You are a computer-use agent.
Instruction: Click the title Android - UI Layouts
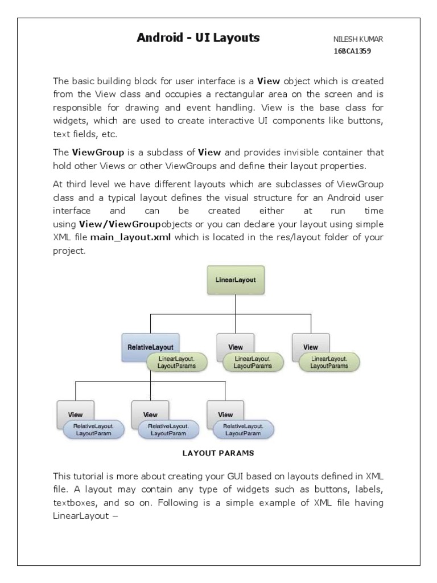click(x=198, y=38)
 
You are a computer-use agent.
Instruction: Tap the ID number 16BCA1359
click(x=353, y=51)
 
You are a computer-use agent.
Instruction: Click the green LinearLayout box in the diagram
click(x=235, y=281)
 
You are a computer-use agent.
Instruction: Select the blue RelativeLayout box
click(x=150, y=347)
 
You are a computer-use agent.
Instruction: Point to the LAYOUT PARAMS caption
click(x=218, y=454)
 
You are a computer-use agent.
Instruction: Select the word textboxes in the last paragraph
click(x=73, y=503)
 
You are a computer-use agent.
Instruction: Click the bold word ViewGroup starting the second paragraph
click(x=95, y=153)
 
